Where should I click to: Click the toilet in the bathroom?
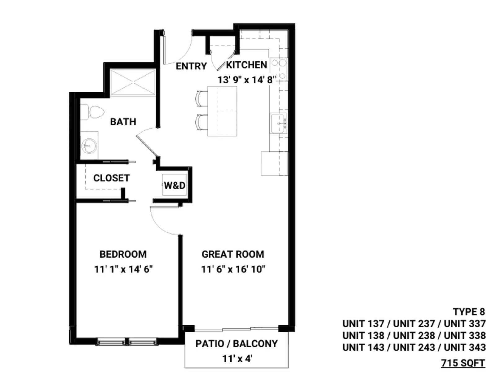click(92, 112)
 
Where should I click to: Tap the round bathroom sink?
click(89, 146)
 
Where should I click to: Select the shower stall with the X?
click(133, 82)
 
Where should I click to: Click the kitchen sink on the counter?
click(279, 123)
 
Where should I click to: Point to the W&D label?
click(175, 186)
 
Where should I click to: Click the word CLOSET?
click(111, 178)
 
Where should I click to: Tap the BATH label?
click(123, 122)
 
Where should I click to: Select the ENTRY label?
click(191, 66)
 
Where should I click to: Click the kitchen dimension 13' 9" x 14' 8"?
click(247, 80)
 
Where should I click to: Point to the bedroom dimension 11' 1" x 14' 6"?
click(123, 269)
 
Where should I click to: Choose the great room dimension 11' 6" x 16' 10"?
click(233, 269)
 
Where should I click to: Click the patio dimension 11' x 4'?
click(237, 359)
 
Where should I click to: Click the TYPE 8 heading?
click(469, 312)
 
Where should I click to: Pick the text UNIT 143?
click(363, 347)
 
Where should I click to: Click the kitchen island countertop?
click(222, 111)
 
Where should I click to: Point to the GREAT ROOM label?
click(233, 254)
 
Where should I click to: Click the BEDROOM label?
click(123, 254)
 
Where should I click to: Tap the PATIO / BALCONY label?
click(237, 344)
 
